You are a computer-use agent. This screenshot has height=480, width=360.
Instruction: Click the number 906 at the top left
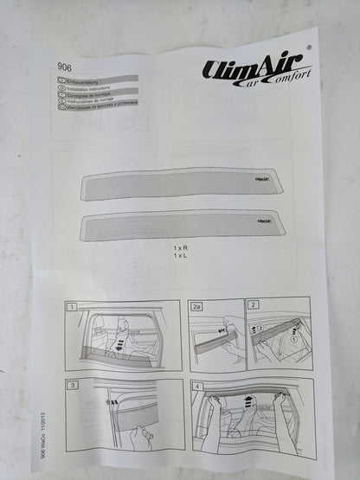tap(64, 64)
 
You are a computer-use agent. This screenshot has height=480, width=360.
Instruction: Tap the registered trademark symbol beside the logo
tap(310, 49)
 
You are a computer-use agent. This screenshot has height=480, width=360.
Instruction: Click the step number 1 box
tap(73, 306)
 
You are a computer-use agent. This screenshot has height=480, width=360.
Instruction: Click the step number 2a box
tap(196, 306)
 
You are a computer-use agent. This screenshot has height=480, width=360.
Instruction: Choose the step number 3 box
tap(73, 384)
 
